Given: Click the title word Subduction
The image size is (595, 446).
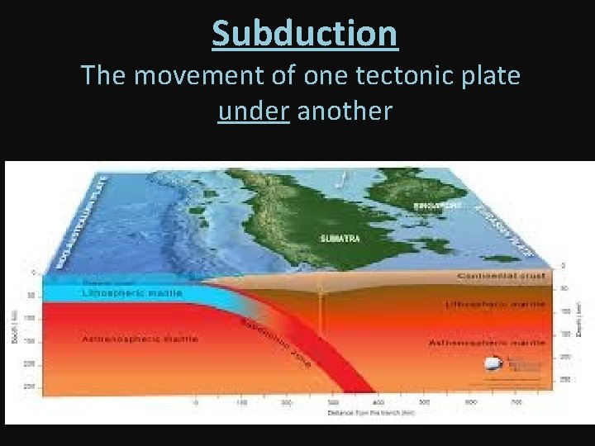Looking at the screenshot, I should click(x=304, y=33).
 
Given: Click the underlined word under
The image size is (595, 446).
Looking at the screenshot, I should click(x=252, y=111).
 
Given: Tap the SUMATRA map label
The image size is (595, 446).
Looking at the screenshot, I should click(x=336, y=238).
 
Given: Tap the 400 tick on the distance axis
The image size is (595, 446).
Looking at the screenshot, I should click(x=376, y=403).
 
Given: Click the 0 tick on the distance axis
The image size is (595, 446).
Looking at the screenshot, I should click(x=196, y=403).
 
